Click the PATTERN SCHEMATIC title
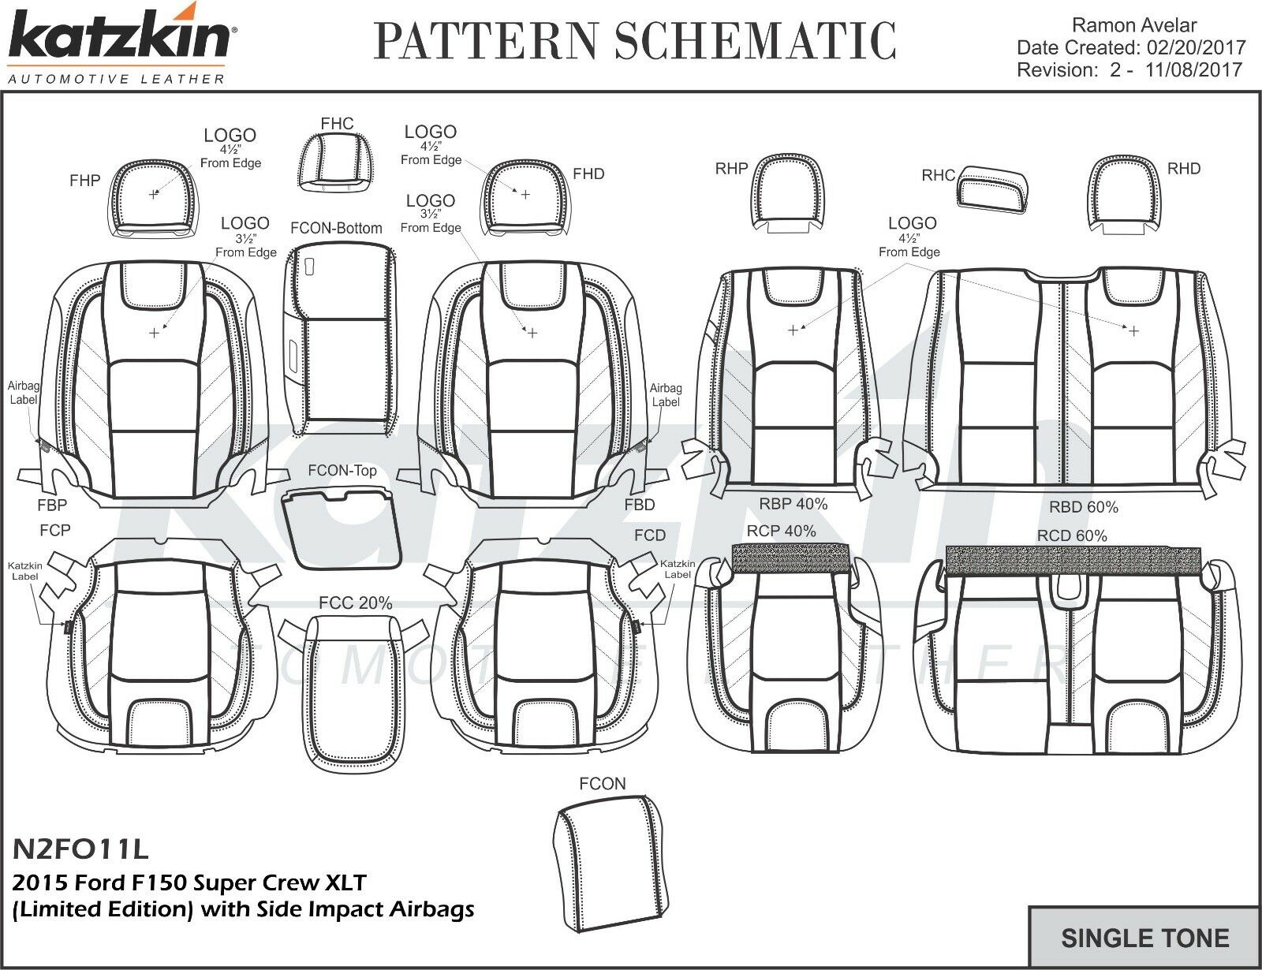point(635,39)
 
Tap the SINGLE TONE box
point(1144,938)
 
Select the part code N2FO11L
point(80,849)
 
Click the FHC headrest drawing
point(337,167)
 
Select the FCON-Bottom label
point(336,228)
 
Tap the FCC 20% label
point(355,603)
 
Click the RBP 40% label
point(793,503)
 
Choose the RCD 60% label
point(1072,535)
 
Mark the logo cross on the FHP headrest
point(153,194)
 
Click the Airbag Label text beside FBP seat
point(24,393)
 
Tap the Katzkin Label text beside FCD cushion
point(678,569)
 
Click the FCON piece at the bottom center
point(603,860)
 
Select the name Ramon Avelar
point(1135,26)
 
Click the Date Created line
point(1130,48)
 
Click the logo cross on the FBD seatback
point(532,334)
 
